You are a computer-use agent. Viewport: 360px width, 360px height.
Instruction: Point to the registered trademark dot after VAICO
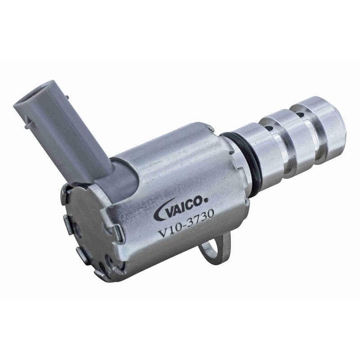tap(206, 200)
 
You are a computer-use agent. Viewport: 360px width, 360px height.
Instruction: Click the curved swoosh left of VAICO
tap(161, 210)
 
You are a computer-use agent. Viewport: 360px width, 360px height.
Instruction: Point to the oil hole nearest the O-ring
tap(269, 127)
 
